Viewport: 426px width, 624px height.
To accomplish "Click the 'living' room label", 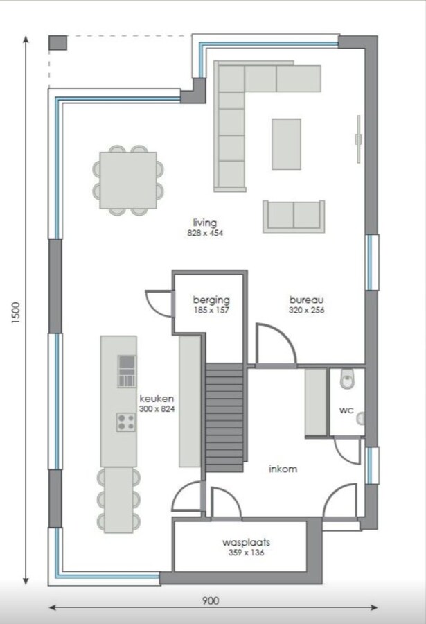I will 205,223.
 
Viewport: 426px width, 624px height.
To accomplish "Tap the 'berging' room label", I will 211,300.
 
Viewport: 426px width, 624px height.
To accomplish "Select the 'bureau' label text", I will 307,300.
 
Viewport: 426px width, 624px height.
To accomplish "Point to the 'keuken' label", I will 157,399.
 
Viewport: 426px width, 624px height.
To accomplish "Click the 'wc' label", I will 346,410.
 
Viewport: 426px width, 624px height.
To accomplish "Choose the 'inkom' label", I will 283,469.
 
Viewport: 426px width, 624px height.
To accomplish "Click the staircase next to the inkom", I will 225,419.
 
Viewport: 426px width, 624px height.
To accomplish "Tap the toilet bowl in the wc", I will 347,379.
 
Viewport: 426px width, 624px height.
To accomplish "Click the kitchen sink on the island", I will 126,371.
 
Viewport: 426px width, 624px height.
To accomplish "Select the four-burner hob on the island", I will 125,422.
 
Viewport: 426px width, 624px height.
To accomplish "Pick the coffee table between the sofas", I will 286,144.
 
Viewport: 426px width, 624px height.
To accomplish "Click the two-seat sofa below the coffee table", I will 294,216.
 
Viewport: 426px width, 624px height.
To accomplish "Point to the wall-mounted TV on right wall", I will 358,138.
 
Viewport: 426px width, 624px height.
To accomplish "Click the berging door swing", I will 158,302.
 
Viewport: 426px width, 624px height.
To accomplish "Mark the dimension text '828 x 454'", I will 205,233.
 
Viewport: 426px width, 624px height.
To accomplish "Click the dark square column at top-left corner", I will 57,42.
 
